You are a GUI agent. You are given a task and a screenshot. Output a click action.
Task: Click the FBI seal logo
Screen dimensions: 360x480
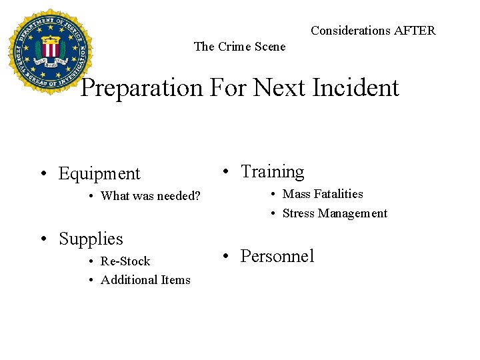click(x=50, y=52)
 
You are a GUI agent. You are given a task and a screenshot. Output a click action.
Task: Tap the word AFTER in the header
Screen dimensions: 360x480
click(x=414, y=31)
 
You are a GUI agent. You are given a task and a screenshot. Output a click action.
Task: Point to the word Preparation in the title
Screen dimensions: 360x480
click(x=141, y=88)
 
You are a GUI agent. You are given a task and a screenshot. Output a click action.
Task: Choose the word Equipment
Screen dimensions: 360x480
click(x=99, y=174)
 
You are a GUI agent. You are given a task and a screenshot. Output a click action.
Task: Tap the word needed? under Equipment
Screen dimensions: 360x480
click(x=179, y=196)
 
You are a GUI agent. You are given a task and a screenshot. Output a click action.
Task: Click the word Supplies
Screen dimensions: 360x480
click(x=91, y=239)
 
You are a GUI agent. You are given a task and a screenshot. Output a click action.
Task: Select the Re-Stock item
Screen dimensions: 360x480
click(x=125, y=261)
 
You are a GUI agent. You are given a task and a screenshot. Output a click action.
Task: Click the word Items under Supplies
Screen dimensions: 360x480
click(x=173, y=280)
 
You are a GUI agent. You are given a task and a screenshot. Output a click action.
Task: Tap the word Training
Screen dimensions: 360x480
click(x=272, y=172)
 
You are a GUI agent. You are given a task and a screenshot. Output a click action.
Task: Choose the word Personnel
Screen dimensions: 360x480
click(x=277, y=256)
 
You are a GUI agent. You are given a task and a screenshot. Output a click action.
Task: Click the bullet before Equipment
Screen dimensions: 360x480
click(x=43, y=175)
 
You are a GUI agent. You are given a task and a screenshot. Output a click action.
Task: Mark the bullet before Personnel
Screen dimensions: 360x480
click(x=227, y=257)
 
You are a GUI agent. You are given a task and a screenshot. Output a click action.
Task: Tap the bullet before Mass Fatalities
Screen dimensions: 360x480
click(x=273, y=195)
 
